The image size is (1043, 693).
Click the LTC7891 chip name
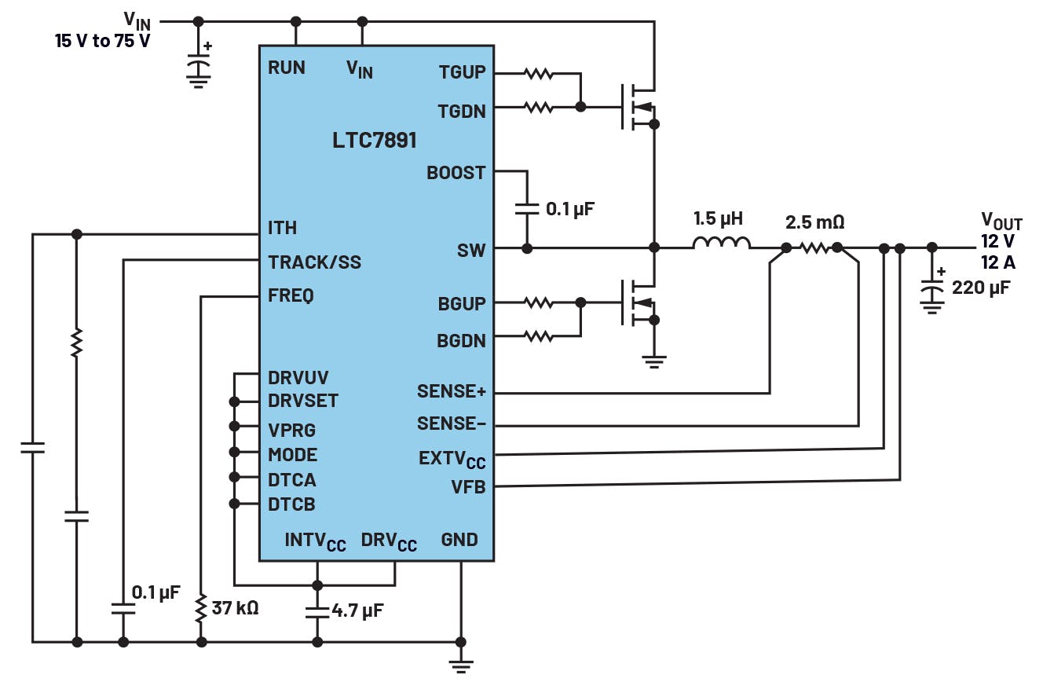tap(374, 141)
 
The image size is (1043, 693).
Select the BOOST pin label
tap(456, 172)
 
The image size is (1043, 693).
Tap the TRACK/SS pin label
tap(314, 262)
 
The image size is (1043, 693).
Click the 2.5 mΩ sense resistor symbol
tap(814, 247)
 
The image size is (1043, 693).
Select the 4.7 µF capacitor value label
tap(357, 610)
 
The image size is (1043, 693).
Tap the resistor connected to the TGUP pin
tap(539, 75)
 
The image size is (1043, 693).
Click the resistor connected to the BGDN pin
tap(539, 336)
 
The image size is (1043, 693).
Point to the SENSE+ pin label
tap(452, 390)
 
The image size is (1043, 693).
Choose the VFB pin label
tap(468, 487)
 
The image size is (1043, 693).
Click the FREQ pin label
tap(291, 296)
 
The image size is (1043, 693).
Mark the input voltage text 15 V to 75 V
tap(102, 41)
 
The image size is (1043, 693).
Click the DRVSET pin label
tap(303, 401)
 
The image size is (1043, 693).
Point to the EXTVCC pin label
tap(452, 457)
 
